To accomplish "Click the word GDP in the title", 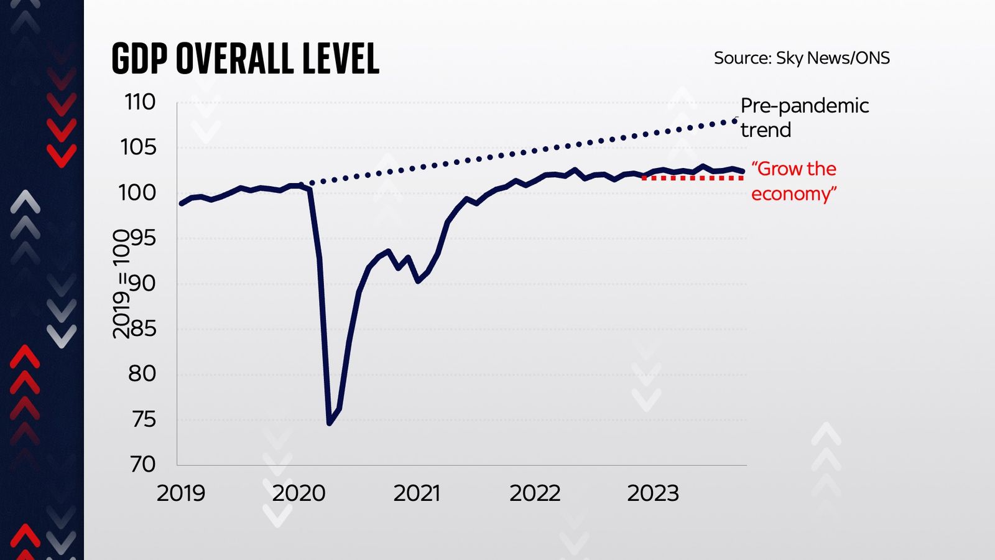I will pos(140,59).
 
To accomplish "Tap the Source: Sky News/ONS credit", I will pos(801,58).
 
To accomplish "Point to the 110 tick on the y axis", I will pos(140,102).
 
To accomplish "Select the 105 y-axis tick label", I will pos(138,147).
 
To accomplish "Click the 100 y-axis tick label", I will pos(137,193).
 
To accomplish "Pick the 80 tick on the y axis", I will pos(142,374).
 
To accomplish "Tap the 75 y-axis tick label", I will pos(142,419).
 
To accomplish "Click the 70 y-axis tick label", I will pos(142,464).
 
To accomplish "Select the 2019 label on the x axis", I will pos(180,493).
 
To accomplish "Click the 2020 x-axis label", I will pos(298,493).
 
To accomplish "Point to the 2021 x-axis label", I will pos(417,493).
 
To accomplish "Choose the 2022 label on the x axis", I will pos(535,493).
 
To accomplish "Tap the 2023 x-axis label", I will pos(653,493).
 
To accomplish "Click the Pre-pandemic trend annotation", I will pos(803,118).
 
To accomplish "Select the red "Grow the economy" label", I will pos(794,181).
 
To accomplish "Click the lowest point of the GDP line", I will pos(329,423).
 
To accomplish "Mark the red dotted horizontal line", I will pos(692,178).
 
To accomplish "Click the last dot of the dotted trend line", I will pos(735,121).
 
